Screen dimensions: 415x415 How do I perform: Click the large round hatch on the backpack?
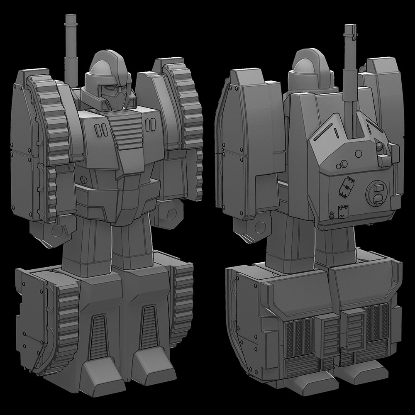pyautogui.click(x=377, y=193)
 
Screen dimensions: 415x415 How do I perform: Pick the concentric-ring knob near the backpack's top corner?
pyautogui.click(x=378, y=146)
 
